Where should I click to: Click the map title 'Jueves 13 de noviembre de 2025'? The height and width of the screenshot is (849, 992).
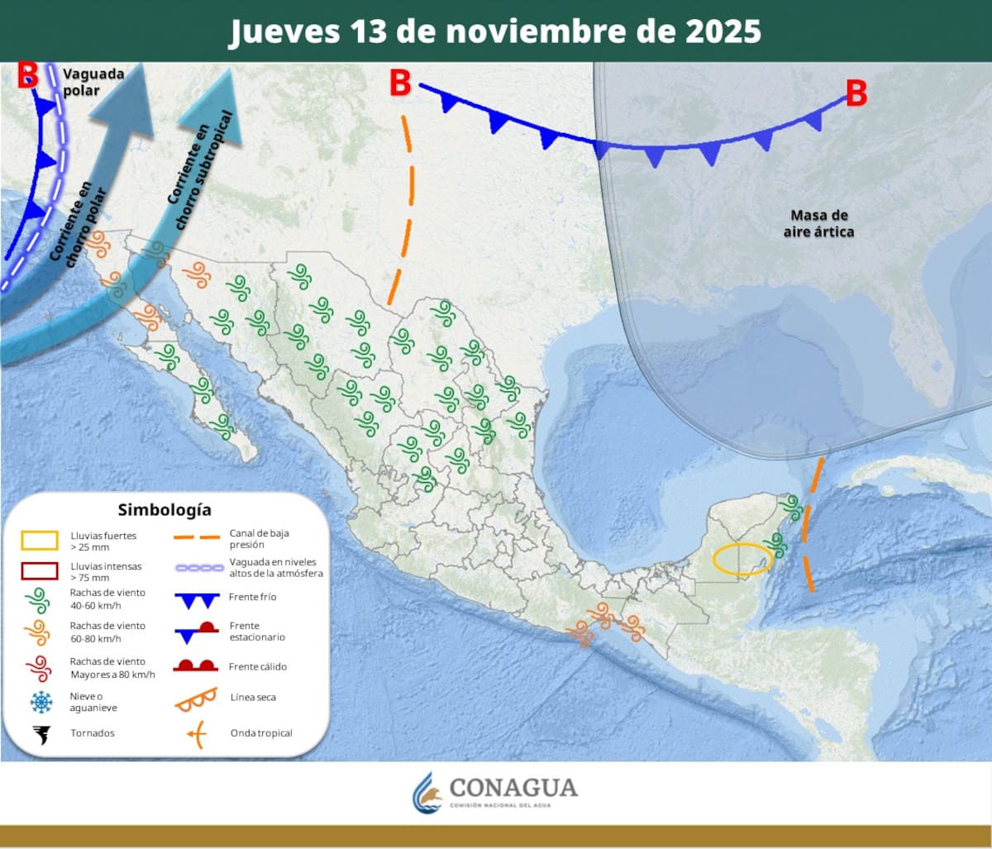click(x=495, y=31)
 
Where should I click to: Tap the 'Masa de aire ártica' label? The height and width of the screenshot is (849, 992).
click(x=818, y=224)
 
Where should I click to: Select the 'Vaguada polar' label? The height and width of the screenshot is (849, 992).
click(x=93, y=82)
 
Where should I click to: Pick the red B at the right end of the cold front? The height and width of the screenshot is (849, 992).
click(x=856, y=93)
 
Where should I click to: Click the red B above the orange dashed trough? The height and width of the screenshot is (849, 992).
click(x=400, y=83)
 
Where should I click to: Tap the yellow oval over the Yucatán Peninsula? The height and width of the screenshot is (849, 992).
click(x=742, y=560)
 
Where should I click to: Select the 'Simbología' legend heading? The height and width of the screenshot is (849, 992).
click(x=164, y=509)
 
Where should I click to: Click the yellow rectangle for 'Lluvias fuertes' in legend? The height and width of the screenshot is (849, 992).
click(x=40, y=541)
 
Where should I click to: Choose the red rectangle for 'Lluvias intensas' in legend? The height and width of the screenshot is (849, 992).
click(x=40, y=571)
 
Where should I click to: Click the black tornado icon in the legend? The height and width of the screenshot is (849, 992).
click(x=40, y=733)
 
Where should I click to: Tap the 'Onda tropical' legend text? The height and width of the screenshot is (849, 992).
click(x=261, y=733)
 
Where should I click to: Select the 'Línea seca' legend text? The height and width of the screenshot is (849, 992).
click(x=253, y=698)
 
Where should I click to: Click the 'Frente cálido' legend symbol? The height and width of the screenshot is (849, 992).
click(x=195, y=665)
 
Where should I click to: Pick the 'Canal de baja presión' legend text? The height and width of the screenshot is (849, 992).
click(x=259, y=539)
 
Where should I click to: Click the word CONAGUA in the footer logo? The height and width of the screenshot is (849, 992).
click(x=513, y=787)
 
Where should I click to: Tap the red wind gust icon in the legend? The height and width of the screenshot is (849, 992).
click(x=38, y=667)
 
